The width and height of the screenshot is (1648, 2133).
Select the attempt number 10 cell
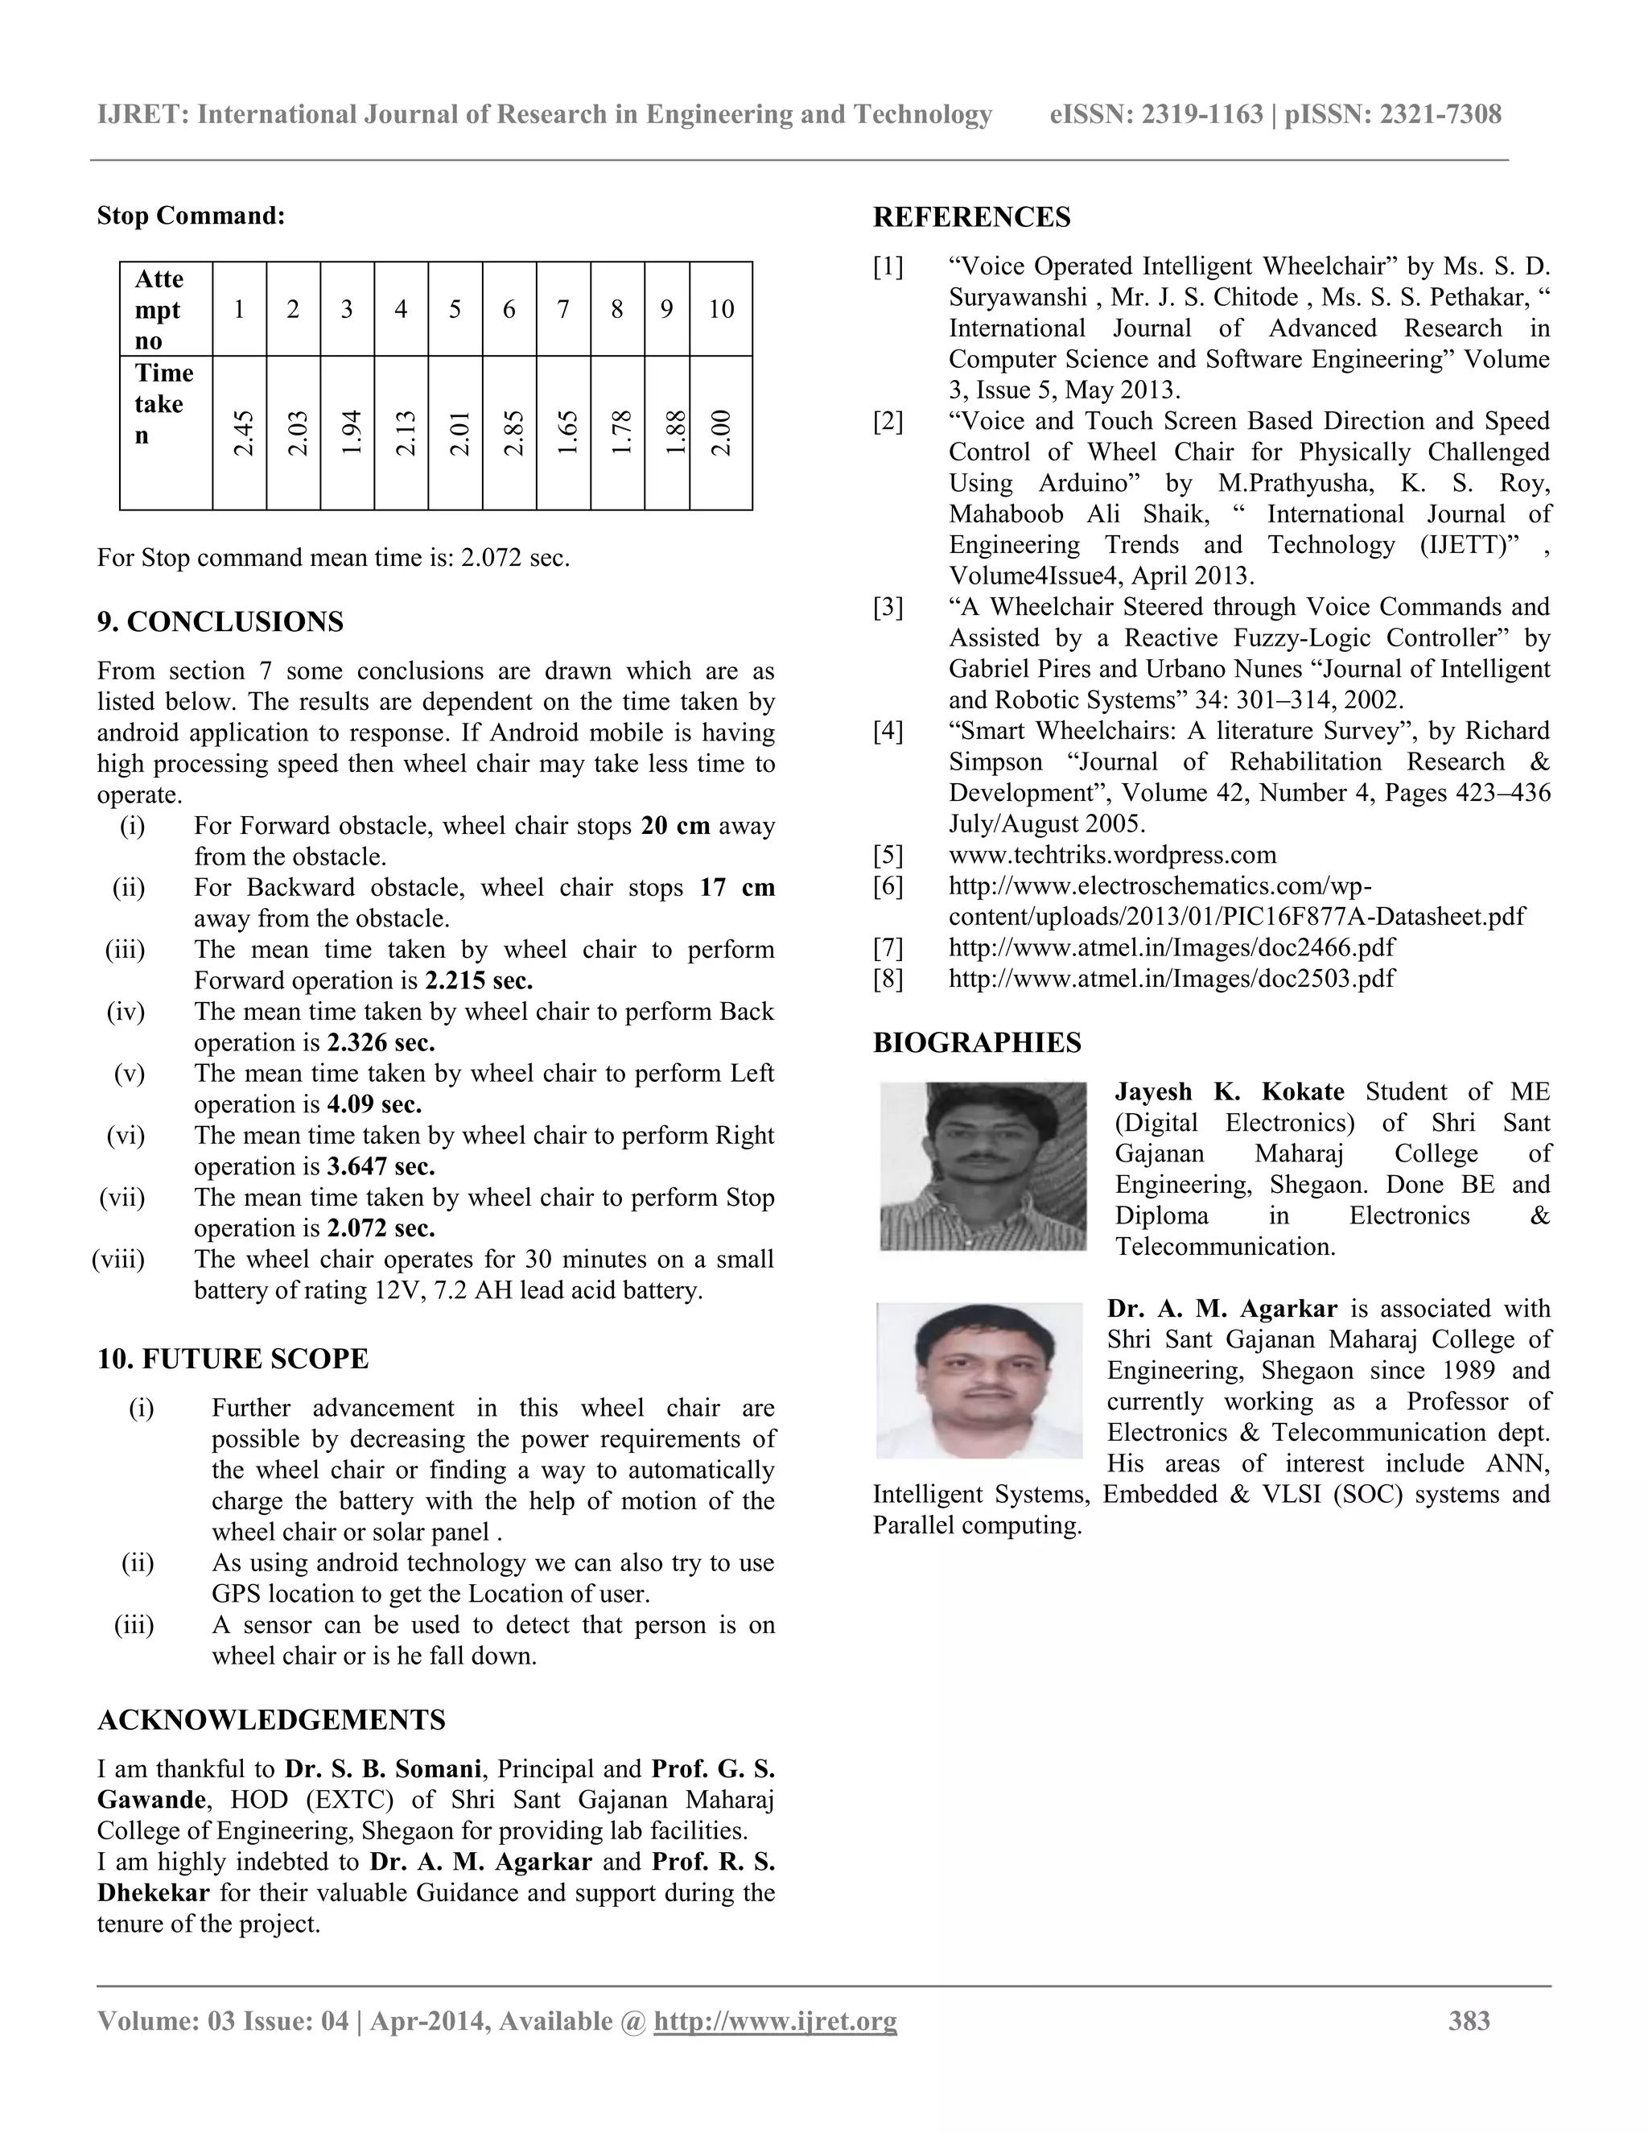720,310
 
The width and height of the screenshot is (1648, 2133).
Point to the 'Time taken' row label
164,403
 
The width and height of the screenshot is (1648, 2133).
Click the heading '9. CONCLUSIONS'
220,622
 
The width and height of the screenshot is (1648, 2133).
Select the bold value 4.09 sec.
374,1104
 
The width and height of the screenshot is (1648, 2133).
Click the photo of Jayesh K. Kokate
983,1166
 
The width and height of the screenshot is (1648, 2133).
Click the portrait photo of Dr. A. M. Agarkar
979,1380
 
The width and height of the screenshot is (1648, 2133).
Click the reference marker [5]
888,855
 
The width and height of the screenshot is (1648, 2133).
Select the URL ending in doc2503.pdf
1172,979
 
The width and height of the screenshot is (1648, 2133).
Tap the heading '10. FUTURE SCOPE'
233,1359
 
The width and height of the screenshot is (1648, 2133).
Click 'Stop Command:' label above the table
192,216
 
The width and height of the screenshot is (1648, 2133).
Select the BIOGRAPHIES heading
976,1043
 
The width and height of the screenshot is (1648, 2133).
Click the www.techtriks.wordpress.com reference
1112,855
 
